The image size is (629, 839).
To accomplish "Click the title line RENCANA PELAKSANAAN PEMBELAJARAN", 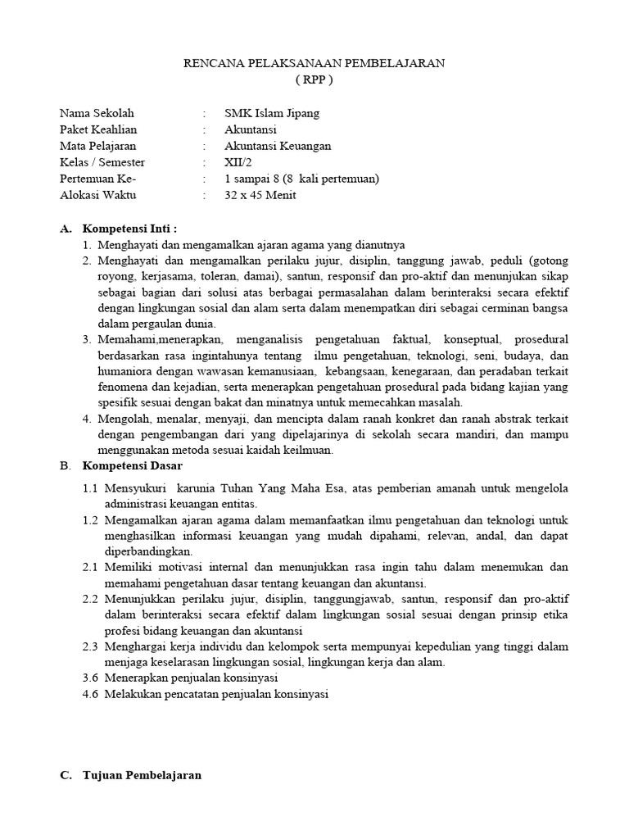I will [x=314, y=65].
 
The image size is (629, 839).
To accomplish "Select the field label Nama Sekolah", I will [x=97, y=113].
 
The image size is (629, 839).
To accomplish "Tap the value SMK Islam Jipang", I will [x=272, y=113].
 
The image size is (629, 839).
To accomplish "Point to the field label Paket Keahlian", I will [x=98, y=129].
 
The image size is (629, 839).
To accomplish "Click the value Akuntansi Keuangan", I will [x=278, y=146].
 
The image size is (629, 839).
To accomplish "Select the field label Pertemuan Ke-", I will [x=98, y=179].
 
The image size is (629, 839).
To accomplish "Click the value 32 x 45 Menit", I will [x=260, y=195].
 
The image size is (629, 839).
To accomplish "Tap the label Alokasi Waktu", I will [x=98, y=195].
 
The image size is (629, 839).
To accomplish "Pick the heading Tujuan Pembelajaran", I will [x=142, y=775].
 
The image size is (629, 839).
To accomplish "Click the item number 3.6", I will [x=91, y=678].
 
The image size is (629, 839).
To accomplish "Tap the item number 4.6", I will [x=91, y=694].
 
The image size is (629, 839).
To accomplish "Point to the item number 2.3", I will [x=91, y=646].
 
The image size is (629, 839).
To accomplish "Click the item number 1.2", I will [x=91, y=520].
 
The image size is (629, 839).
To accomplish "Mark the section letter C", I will [x=66, y=775].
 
